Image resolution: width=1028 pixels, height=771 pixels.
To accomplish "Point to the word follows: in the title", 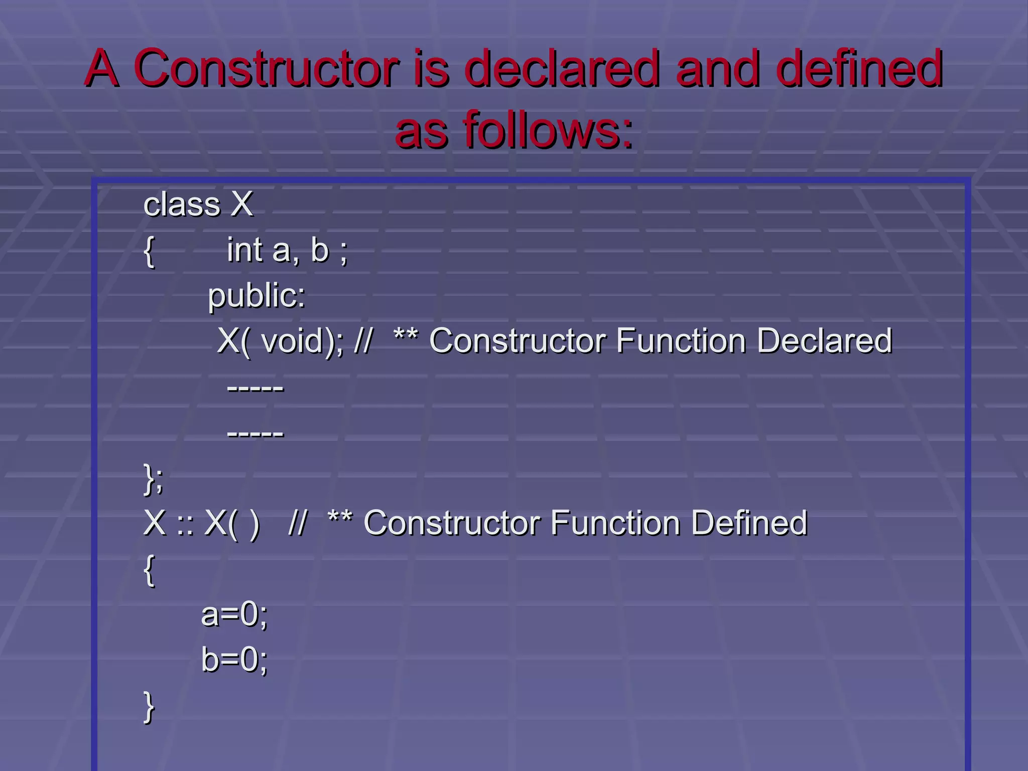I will tap(548, 131).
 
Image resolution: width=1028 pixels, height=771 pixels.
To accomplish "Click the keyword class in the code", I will tap(182, 205).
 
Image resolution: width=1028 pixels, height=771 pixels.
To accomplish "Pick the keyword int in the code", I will tap(244, 250).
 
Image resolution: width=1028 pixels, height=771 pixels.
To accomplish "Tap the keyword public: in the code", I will tap(256, 295).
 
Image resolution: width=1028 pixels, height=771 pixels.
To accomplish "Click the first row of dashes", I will tap(255, 388).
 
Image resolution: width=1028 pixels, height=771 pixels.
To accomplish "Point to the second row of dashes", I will tap(255, 433).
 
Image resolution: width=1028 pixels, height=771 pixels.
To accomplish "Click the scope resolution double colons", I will tap(185, 525).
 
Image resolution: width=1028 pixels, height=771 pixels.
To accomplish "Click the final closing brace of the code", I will tap(149, 707).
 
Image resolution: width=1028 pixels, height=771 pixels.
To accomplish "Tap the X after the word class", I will tap(242, 204).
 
